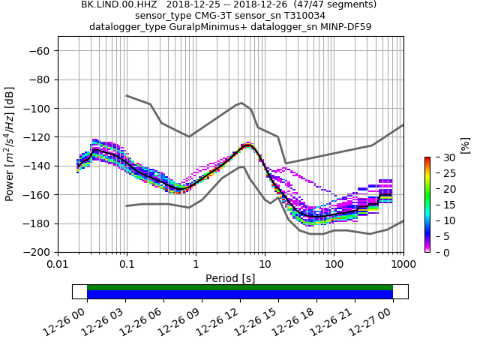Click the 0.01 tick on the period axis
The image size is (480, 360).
(x=58, y=265)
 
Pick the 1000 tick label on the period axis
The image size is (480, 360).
(x=403, y=265)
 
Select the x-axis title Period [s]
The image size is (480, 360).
(x=230, y=278)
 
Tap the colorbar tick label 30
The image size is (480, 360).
(x=441, y=157)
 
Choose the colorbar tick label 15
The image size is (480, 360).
(x=441, y=205)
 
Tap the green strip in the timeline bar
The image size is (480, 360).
(x=240, y=287)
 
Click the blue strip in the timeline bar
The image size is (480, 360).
(x=240, y=295)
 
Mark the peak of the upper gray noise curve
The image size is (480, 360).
(x=241, y=103)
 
